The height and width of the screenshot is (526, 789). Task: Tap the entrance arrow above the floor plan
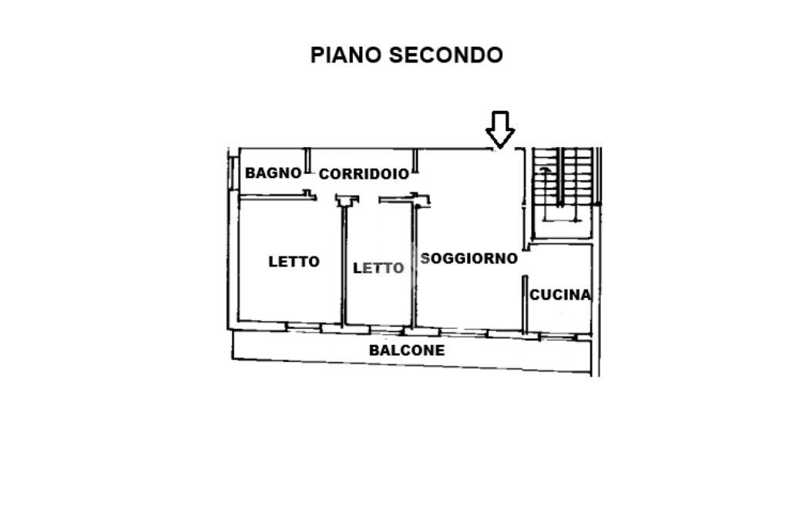(500, 129)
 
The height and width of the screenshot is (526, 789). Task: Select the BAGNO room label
(273, 173)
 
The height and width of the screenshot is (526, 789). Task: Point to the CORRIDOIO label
(364, 174)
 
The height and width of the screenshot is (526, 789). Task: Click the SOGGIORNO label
(469, 259)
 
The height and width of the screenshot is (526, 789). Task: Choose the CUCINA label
(560, 294)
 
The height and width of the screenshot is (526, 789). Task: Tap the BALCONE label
(407, 350)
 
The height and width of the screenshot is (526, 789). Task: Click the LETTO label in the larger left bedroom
(294, 262)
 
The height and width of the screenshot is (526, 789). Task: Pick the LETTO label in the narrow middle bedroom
(378, 268)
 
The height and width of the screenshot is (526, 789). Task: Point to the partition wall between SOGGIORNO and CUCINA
(524, 304)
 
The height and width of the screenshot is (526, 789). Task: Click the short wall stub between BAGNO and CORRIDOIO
(307, 160)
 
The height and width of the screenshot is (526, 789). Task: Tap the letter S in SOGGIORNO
(425, 259)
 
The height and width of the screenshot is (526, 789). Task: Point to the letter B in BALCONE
(374, 350)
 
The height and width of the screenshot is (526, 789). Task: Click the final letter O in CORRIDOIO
(404, 174)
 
